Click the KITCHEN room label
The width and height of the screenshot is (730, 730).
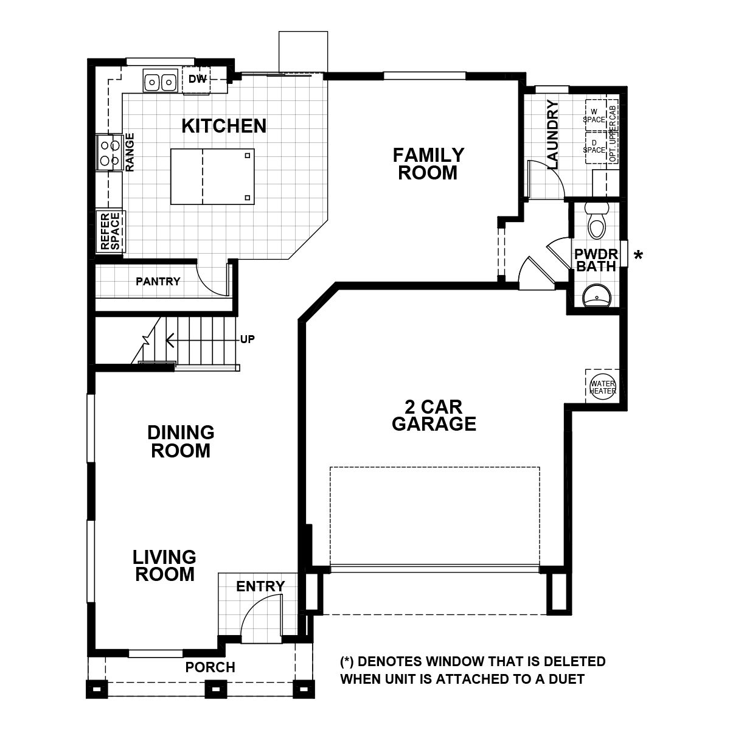[x=224, y=126]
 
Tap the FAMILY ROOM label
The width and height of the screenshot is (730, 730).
[x=428, y=164]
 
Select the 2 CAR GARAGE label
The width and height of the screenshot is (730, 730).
[x=434, y=415]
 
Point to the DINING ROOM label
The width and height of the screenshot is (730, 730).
[x=181, y=442]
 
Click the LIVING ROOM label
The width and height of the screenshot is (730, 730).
[x=165, y=565]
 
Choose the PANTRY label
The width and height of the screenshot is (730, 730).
[x=158, y=282]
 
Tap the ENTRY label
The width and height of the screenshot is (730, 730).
[x=260, y=586]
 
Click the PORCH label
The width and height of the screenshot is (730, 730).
[x=210, y=667]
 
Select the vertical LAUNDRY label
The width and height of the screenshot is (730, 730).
[x=553, y=134]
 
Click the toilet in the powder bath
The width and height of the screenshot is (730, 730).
[x=596, y=223]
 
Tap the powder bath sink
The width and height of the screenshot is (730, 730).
[x=595, y=297]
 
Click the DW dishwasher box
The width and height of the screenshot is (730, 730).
[x=196, y=80]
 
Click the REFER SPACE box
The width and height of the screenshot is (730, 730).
[x=110, y=231]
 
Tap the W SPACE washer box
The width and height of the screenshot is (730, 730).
[x=595, y=115]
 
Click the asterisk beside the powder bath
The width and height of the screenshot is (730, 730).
[x=638, y=256]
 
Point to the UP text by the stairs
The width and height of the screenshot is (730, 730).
[x=247, y=339]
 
